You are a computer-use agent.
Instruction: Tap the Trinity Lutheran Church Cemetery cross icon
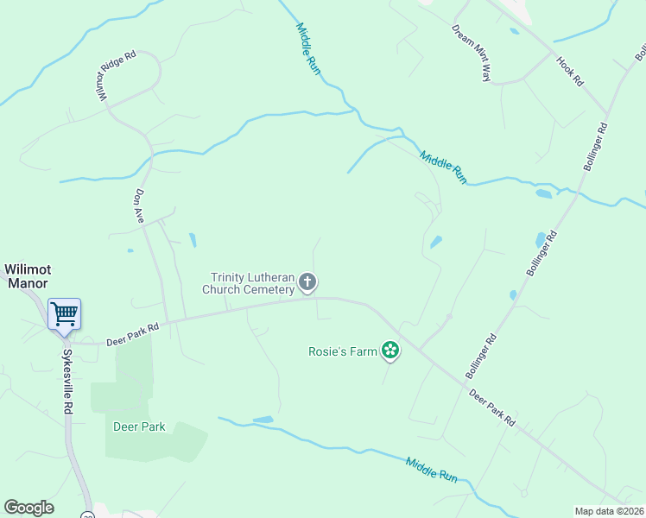pos(307,282)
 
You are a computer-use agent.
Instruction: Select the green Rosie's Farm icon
pos(390,350)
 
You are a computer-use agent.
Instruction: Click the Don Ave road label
pos(139,206)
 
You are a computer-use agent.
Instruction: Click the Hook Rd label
pos(571,71)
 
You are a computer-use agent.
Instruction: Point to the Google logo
pos(28,508)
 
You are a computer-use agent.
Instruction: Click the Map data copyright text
pos(610,511)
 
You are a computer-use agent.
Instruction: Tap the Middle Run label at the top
pos(307,49)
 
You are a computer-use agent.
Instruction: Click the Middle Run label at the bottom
pos(431,470)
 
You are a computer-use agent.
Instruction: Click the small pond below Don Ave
pos(192,239)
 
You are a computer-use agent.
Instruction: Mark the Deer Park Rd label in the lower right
pos(492,407)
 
